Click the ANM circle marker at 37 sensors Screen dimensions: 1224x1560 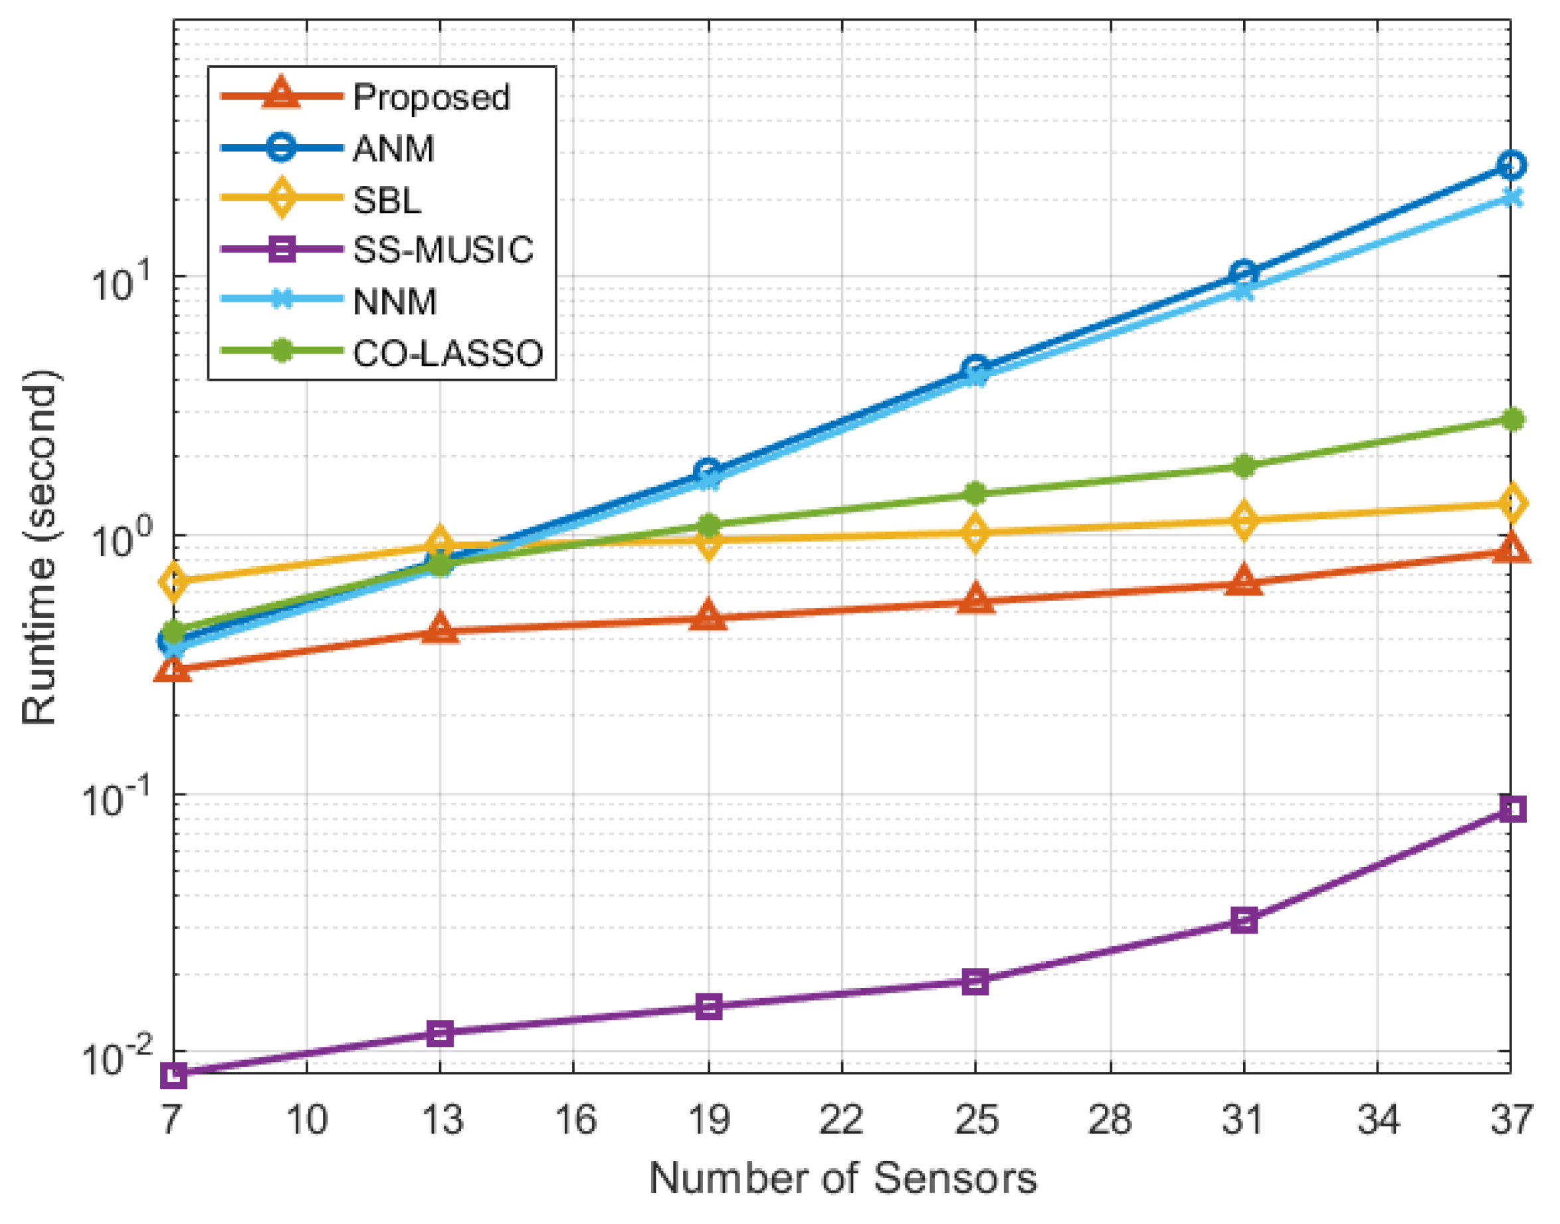coord(1511,165)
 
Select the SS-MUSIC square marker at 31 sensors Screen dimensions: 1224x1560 coord(1244,920)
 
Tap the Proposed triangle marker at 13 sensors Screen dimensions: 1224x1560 coord(440,629)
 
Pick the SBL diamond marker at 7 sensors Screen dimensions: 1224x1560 coord(174,581)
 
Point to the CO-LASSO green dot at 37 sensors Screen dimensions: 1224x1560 coord(1511,419)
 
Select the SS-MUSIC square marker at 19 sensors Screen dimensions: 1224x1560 coord(708,1007)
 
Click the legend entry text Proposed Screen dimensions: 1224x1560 coord(431,97)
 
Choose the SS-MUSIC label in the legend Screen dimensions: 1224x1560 coord(443,250)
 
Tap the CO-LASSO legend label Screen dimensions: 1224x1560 coord(448,354)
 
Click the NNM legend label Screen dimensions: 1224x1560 coord(395,302)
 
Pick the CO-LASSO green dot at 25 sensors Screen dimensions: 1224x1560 coord(975,493)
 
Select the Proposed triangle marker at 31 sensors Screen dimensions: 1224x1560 coord(1244,581)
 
